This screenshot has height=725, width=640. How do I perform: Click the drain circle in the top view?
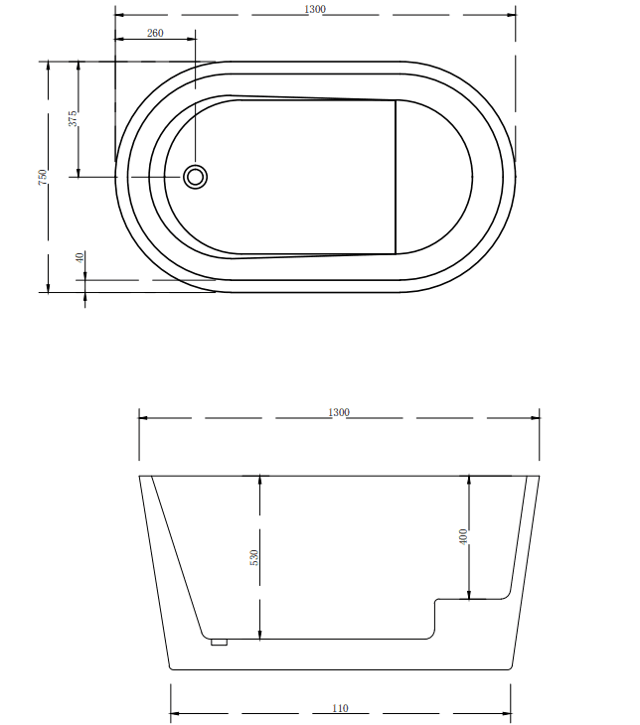click(x=196, y=177)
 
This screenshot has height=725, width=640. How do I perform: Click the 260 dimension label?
click(x=155, y=33)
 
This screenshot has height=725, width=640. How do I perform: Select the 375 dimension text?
click(x=73, y=118)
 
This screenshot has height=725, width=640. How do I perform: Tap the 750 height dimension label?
click(x=42, y=176)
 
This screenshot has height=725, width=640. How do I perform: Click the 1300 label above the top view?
click(x=316, y=9)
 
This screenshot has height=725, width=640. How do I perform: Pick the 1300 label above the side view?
click(x=339, y=412)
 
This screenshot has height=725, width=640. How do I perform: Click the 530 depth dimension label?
click(x=253, y=558)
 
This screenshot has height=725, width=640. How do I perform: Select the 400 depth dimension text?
click(x=463, y=537)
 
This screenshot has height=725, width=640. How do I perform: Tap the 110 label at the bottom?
click(x=340, y=709)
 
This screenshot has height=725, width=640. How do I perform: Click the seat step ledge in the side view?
click(x=473, y=599)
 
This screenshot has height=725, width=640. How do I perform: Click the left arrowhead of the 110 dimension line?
click(x=174, y=714)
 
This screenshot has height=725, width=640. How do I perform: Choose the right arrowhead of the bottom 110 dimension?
click(x=507, y=714)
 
